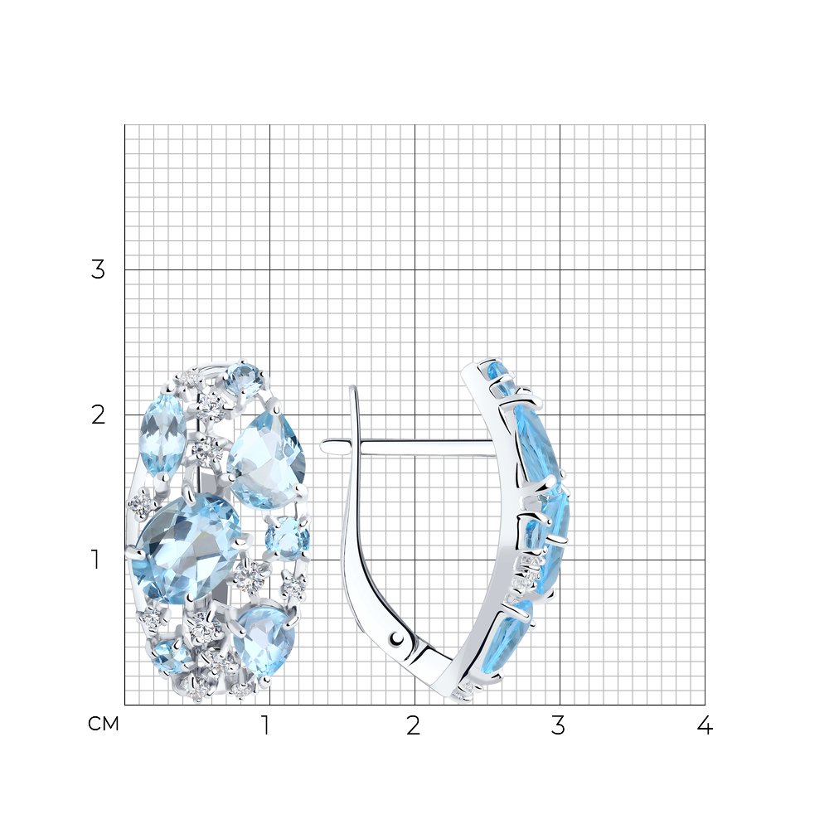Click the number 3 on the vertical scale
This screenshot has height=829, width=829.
coord(98,269)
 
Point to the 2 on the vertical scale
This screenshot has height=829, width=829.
coord(98,415)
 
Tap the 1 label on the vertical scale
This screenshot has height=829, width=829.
coord(95,560)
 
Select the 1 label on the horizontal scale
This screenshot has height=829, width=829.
coord(266,725)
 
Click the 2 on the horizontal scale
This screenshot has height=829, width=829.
coord(413,725)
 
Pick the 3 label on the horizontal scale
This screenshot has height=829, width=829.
coord(558,725)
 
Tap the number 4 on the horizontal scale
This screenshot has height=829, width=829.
coord(705,725)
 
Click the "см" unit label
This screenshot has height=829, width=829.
coord(104,724)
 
